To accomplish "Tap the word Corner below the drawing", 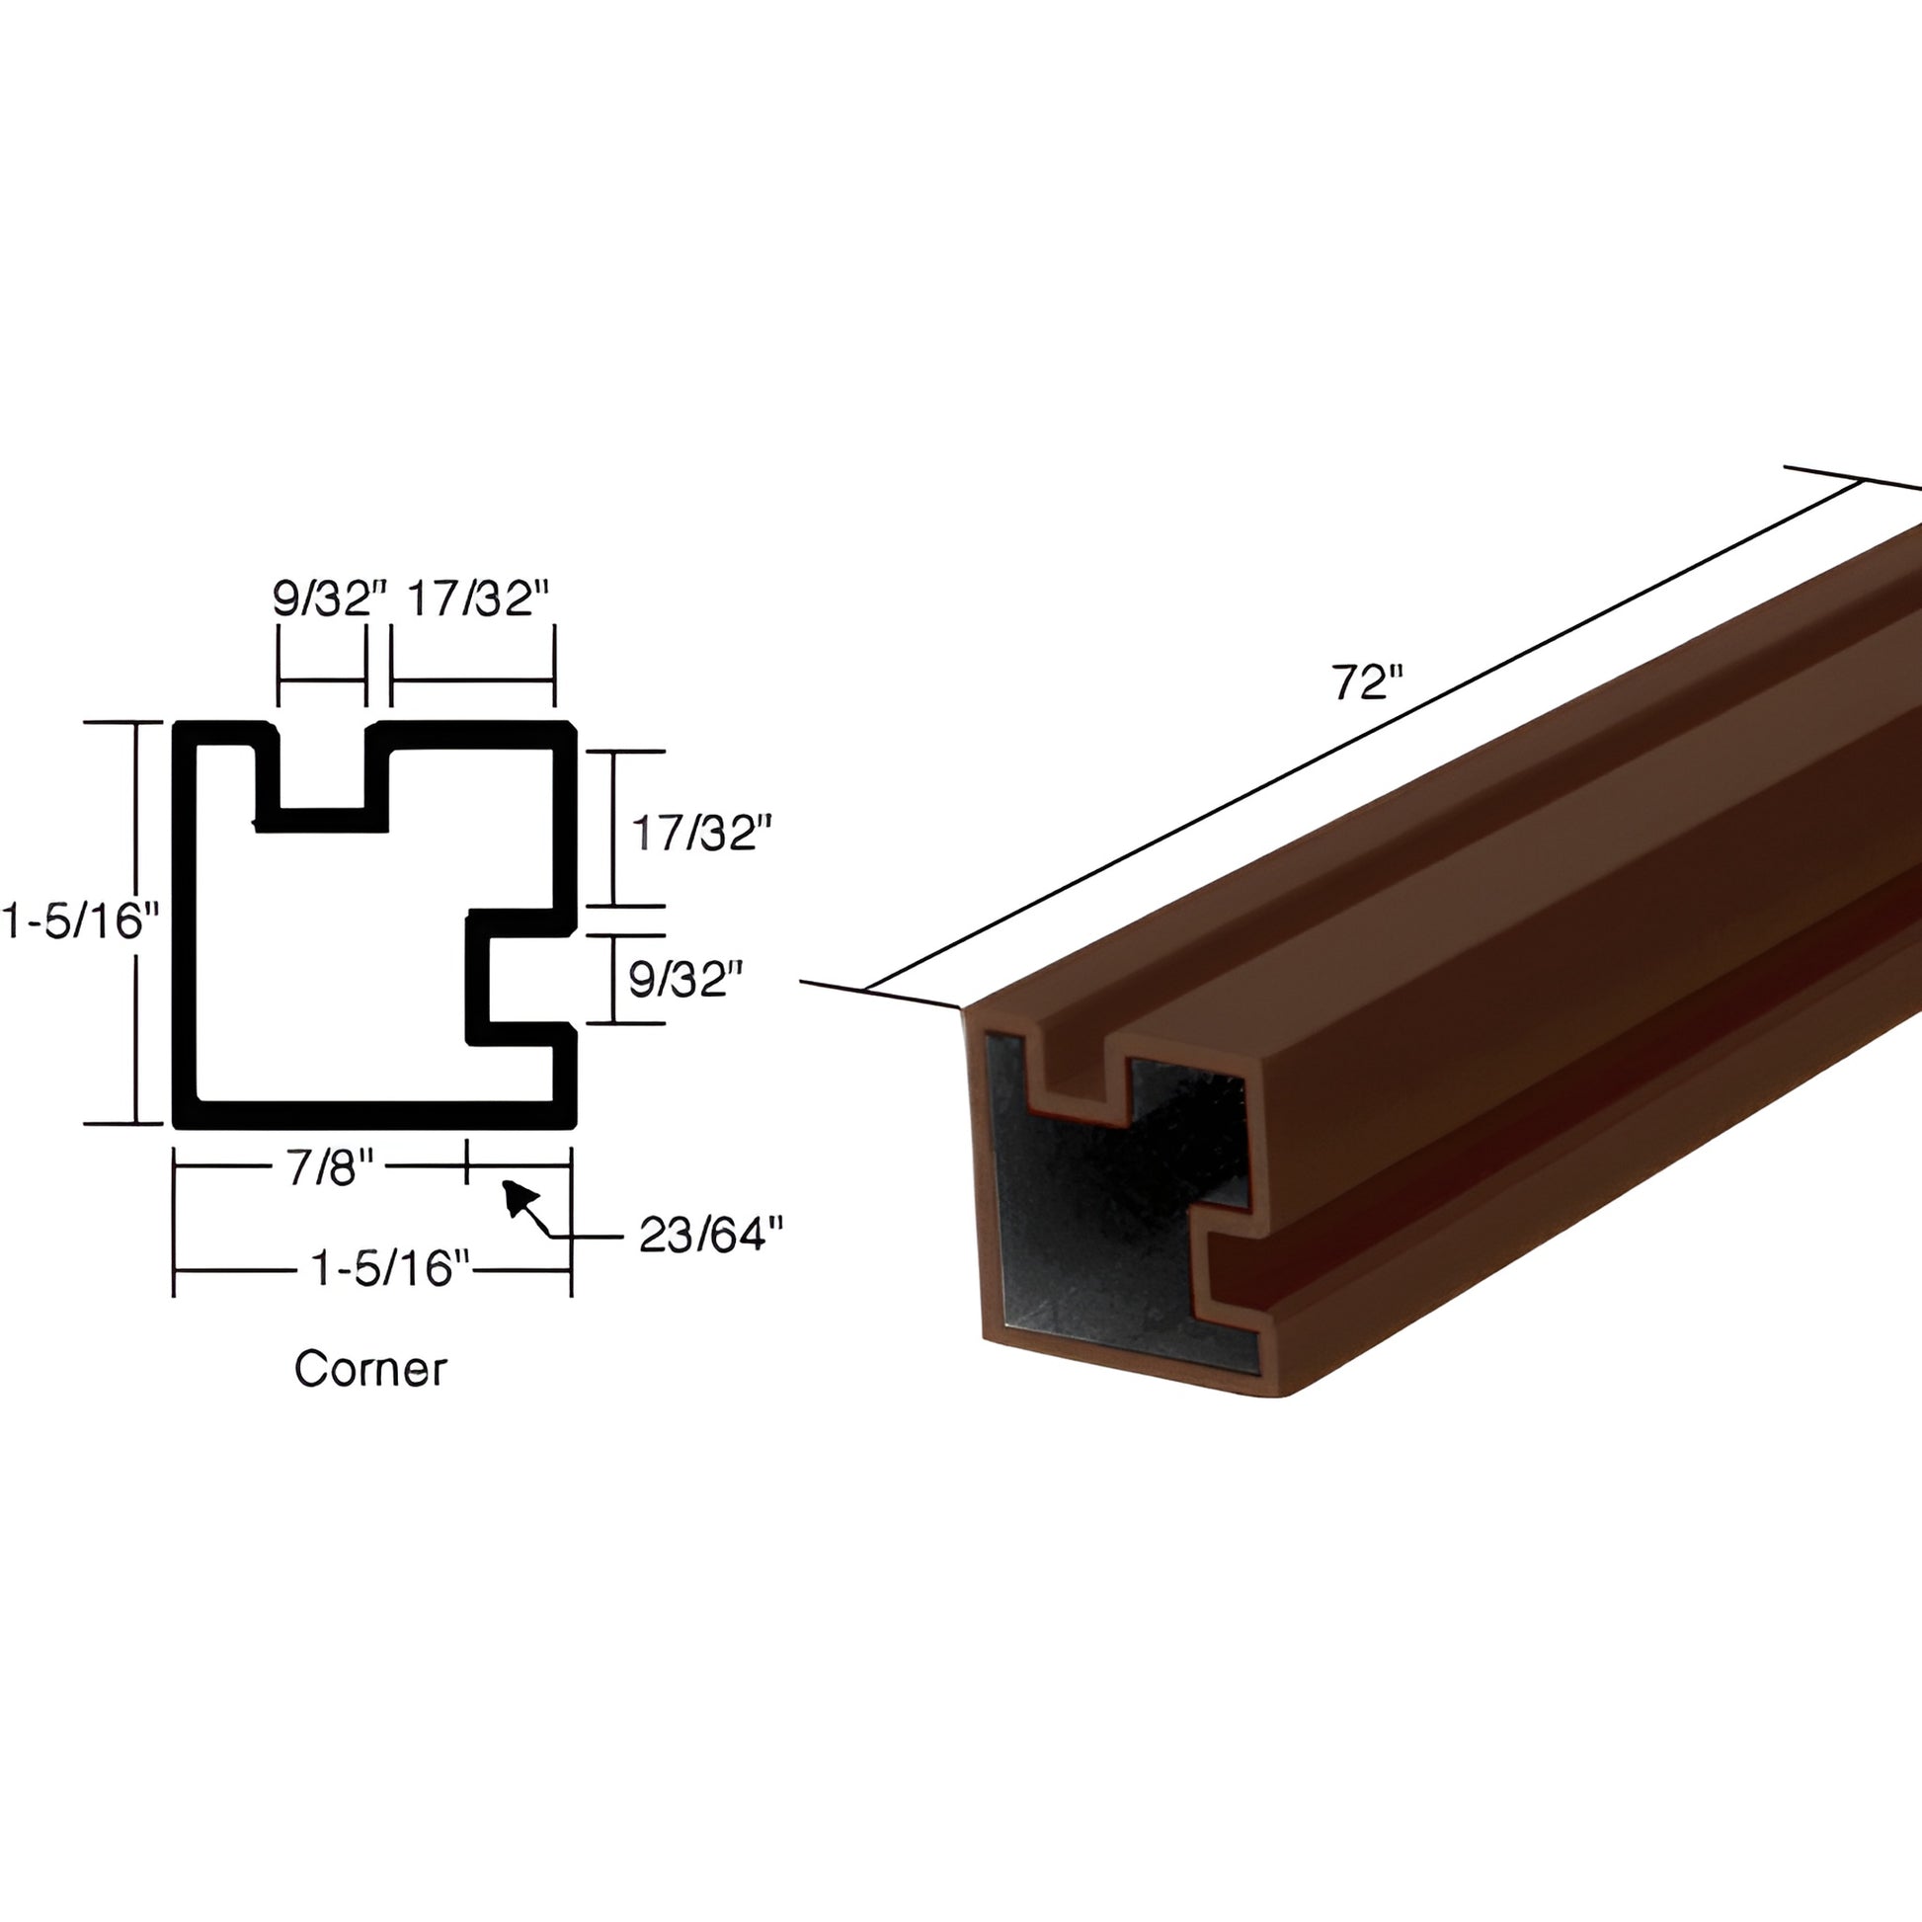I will (x=370, y=1369).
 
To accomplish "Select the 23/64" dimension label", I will (x=709, y=1236).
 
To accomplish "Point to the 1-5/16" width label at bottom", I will (x=388, y=1268).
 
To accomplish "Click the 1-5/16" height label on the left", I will (x=80, y=921).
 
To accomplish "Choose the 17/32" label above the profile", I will (x=477, y=599).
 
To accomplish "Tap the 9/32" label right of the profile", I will (x=685, y=981).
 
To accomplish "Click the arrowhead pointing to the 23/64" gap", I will (x=518, y=1197).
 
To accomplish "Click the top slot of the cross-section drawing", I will (x=322, y=766).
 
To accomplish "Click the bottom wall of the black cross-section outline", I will (x=374, y=1115).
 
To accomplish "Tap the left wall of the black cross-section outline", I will (x=184, y=925).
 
